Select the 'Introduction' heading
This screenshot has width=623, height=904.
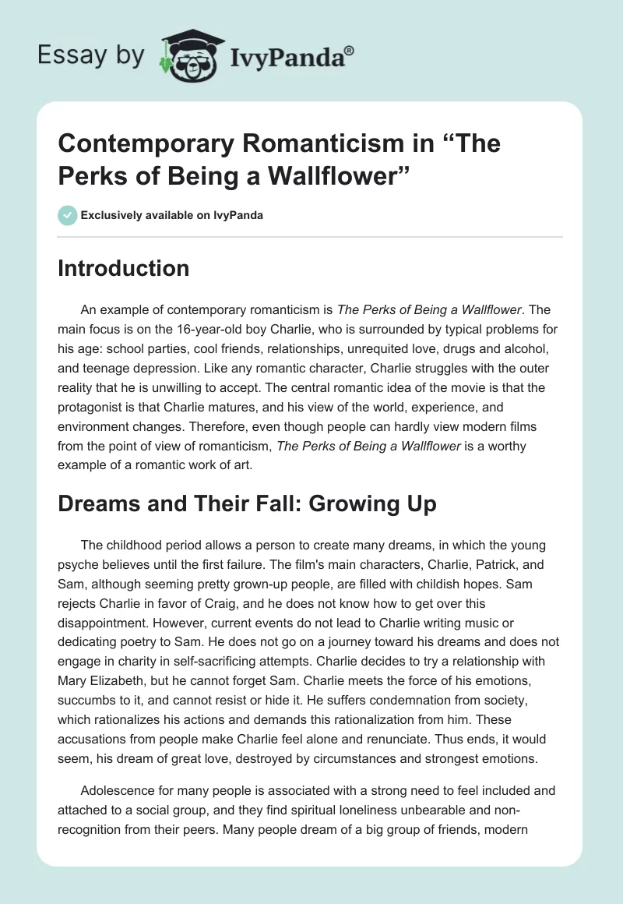(124, 269)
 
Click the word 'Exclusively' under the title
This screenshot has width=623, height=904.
(111, 216)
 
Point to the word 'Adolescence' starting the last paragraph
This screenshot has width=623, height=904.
(117, 790)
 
